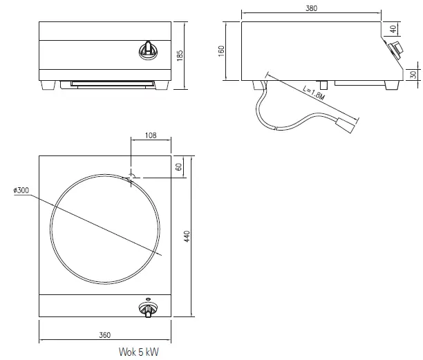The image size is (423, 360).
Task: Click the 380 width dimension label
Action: (x=311, y=8)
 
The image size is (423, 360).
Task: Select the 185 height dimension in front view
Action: (x=180, y=55)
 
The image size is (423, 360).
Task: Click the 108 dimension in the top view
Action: (x=150, y=136)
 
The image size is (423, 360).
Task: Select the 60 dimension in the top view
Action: (x=178, y=167)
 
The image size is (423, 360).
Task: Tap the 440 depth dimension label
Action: (x=186, y=236)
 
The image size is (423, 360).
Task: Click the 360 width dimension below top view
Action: (x=104, y=335)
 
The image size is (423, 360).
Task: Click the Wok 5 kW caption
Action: (x=138, y=352)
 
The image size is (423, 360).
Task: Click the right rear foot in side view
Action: (x=392, y=84)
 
